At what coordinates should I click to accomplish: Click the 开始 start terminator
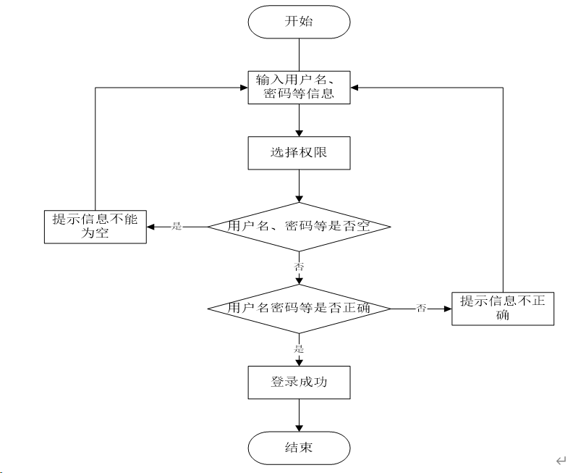click(299, 22)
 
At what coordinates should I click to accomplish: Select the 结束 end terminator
click(299, 448)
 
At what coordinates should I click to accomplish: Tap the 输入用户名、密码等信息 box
click(299, 88)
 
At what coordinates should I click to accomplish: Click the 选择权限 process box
click(299, 153)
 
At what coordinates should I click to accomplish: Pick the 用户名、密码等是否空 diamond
click(299, 227)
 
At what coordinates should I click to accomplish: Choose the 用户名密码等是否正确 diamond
click(299, 309)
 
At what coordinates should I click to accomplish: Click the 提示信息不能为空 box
click(95, 227)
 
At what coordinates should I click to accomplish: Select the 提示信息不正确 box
click(503, 309)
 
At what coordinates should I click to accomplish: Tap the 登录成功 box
click(299, 382)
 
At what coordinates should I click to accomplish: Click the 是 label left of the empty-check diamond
click(177, 227)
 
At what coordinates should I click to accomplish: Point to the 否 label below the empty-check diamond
click(299, 267)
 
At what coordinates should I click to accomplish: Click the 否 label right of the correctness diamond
click(421, 309)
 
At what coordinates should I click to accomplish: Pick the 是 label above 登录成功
click(299, 349)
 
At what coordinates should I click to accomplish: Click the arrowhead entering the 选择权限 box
click(299, 133)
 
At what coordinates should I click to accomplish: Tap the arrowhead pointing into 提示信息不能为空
click(150, 227)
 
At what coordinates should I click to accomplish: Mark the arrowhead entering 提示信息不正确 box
click(448, 309)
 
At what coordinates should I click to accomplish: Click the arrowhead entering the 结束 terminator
click(299, 428)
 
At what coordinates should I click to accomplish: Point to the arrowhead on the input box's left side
click(244, 88)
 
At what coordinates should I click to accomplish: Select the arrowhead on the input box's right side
click(354, 88)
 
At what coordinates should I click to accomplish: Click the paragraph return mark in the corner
click(561, 461)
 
